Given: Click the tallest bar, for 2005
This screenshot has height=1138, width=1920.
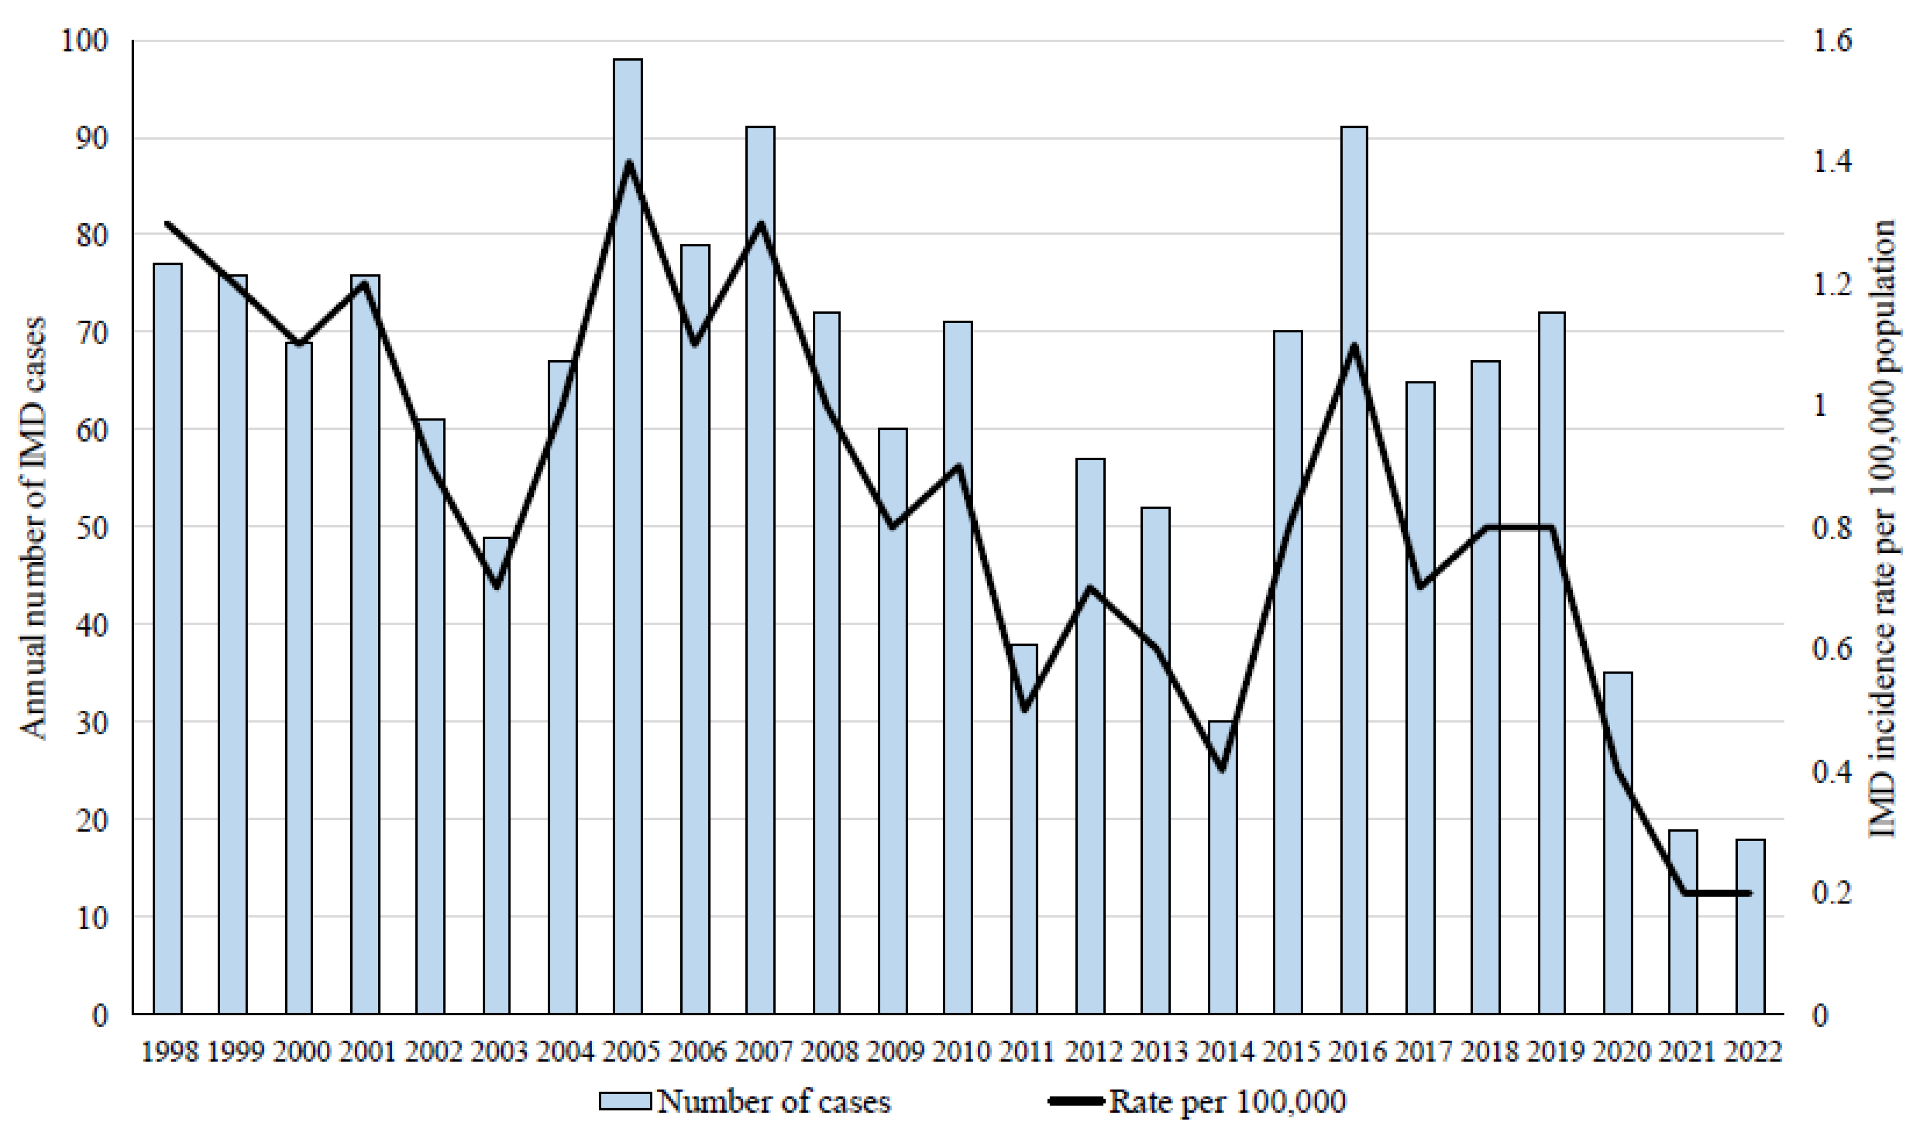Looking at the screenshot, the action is pyautogui.click(x=628, y=537).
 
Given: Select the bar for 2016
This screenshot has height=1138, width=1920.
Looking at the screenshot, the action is pyautogui.click(x=1354, y=571).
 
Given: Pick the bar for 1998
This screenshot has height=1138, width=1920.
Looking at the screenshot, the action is pyautogui.click(x=167, y=639).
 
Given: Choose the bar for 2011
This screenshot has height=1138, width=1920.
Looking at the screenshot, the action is pyautogui.click(x=1024, y=830).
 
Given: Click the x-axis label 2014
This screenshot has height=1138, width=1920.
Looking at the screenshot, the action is pyautogui.click(x=1223, y=1051).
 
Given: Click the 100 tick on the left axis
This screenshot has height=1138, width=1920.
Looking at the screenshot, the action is pyautogui.click(x=85, y=41).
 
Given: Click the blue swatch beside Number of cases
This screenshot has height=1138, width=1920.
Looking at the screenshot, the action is pyautogui.click(x=625, y=1102).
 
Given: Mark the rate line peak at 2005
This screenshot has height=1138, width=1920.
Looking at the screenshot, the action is pyautogui.click(x=628, y=162).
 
